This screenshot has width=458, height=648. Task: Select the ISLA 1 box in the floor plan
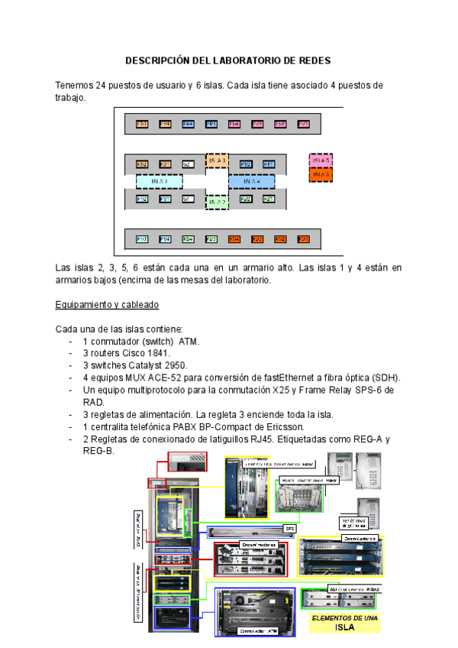click(x=159, y=181)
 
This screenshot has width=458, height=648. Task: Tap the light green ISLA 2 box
click(x=218, y=202)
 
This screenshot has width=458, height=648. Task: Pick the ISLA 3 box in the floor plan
click(x=218, y=161)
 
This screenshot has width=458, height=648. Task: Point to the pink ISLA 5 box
click(x=320, y=160)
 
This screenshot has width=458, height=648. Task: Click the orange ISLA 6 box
click(x=320, y=174)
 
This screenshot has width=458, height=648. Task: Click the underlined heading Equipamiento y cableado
click(x=107, y=305)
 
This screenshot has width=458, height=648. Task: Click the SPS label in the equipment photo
click(x=290, y=528)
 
